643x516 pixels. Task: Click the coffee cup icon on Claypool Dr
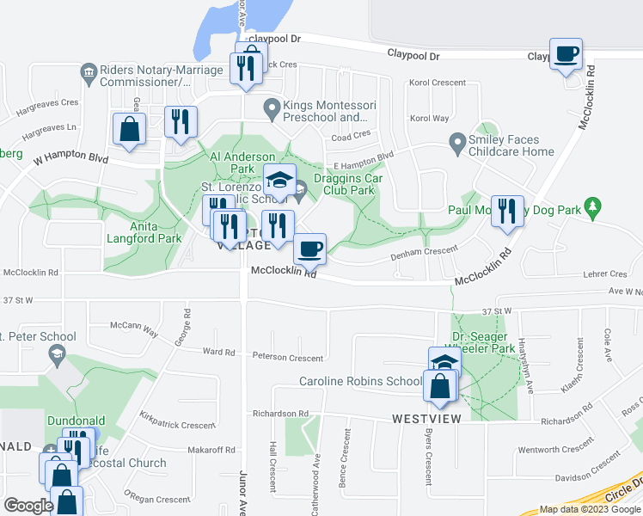pyautogui.click(x=566, y=55)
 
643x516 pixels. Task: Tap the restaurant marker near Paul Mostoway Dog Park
pyautogui.click(x=507, y=212)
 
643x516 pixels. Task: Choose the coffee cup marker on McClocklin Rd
pyautogui.click(x=309, y=249)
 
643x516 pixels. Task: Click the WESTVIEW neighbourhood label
pyautogui.click(x=426, y=419)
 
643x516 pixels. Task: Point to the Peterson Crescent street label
pyautogui.click(x=288, y=358)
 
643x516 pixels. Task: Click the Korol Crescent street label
pyautogui.click(x=438, y=83)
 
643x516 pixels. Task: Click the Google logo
pyautogui.click(x=28, y=506)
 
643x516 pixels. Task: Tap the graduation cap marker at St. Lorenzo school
pyautogui.click(x=279, y=180)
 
